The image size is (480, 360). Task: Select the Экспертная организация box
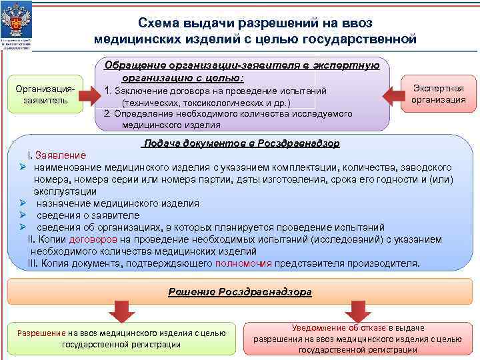(438, 94)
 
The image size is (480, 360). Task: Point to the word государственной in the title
(361, 39)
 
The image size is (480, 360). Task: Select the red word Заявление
(61, 155)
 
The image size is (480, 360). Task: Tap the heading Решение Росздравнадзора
(240, 292)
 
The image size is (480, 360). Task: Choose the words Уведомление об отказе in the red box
(328, 327)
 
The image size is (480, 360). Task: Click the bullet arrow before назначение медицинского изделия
(23, 203)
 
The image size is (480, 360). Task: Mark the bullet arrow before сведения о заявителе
(23, 215)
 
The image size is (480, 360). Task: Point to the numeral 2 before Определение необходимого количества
(107, 113)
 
